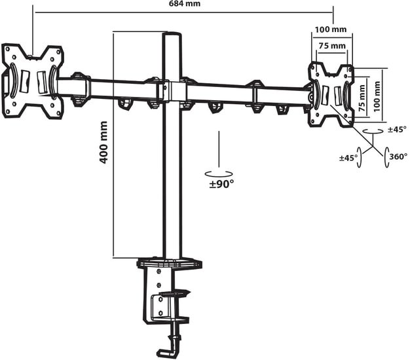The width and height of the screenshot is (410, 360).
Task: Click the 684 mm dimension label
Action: [x=185, y=4]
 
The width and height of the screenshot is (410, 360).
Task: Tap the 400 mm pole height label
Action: [x=103, y=143]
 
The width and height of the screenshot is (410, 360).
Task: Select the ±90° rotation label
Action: [x=221, y=184]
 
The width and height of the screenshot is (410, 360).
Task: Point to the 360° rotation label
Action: [x=398, y=156]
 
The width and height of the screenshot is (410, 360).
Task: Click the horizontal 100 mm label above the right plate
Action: [x=331, y=29]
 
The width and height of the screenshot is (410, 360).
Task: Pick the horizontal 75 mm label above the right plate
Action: [x=332, y=46]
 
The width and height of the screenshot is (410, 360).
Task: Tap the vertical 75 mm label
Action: [x=362, y=98]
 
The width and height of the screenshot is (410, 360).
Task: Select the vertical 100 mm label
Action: [x=377, y=96]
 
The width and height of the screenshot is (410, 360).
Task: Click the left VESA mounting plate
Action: [x=33, y=82]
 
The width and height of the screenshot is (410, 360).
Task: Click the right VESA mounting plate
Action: [x=331, y=95]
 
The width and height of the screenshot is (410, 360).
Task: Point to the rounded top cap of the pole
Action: [x=172, y=35]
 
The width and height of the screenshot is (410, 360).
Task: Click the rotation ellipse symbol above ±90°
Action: [x=219, y=173]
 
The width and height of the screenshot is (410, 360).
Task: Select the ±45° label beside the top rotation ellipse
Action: [x=397, y=130]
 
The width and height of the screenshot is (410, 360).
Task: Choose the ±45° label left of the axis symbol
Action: [x=348, y=158]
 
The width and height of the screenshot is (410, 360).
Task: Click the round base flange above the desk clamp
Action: [x=170, y=263]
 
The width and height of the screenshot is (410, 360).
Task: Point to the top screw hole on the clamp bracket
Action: [x=158, y=271]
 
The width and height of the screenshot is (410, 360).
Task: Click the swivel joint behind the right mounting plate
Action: [x=311, y=94]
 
